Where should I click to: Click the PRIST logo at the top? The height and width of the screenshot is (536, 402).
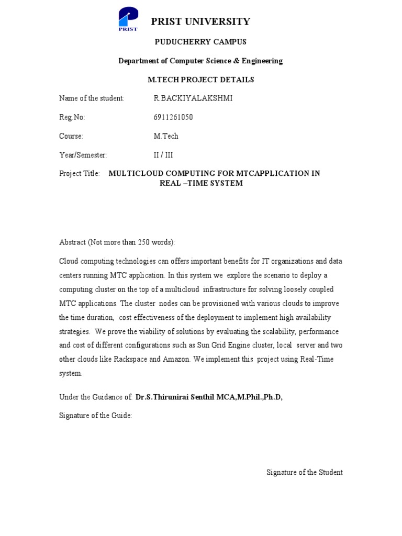[127, 18]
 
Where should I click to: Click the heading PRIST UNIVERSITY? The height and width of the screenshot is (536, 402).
[200, 21]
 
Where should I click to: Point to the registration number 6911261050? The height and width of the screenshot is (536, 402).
[173, 117]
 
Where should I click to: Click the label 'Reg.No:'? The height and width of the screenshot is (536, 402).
[72, 117]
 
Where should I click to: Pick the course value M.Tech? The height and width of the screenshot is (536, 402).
[165, 136]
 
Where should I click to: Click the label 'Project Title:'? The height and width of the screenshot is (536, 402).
[79, 174]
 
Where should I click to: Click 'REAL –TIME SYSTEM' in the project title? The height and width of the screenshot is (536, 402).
[201, 184]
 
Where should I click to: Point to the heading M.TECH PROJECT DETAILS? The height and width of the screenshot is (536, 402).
[201, 80]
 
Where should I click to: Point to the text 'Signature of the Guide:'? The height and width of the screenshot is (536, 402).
[96, 416]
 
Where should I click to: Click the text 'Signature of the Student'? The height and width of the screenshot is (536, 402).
[305, 472]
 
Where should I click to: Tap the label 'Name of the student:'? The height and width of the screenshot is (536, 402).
[92, 98]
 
